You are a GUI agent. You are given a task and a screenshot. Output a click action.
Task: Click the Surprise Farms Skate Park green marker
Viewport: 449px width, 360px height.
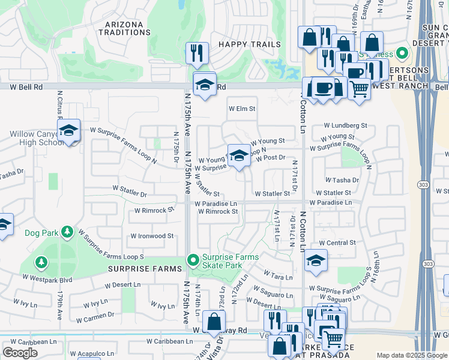pos(193,260)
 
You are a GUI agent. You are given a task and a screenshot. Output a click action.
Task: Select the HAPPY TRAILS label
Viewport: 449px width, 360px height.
pos(249,44)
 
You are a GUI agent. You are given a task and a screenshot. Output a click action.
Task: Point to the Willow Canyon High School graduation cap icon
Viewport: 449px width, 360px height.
pos(68,130)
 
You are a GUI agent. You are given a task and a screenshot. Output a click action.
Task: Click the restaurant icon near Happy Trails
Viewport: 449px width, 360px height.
pos(197,53)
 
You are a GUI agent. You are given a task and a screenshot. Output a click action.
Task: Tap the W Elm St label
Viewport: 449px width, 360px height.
pos(242,109)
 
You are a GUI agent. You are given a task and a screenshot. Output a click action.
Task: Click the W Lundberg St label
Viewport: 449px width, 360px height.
pos(345,125)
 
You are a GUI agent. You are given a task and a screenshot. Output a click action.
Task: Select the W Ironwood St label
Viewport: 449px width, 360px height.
pos(152,236)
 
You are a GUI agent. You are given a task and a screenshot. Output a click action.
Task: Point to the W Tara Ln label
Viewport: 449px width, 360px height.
pos(277,277)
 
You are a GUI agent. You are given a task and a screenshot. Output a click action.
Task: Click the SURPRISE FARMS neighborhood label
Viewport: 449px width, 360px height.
pos(144,269)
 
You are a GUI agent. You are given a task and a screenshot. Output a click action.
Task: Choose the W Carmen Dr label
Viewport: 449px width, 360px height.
pos(91,314)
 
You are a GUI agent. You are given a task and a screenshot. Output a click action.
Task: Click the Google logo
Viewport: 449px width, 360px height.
pos(20,352)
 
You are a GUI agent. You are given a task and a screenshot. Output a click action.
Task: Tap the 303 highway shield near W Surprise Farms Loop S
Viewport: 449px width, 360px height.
pos(427,263)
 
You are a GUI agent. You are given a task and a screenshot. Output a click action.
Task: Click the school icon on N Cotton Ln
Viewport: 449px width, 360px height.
pos(315,260)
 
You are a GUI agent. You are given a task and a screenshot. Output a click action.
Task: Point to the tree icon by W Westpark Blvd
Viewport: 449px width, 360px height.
pos(41,262)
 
